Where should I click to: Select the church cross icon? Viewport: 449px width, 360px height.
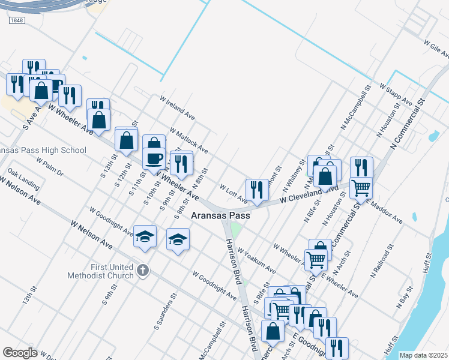click(142, 271)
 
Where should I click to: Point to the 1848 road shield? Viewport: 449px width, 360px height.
click(17, 20)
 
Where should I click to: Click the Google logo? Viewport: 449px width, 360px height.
click(20, 352)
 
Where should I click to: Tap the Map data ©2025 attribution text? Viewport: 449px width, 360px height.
click(423, 355)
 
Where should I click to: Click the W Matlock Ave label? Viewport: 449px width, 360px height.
click(188, 139)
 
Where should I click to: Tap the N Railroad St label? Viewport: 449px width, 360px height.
click(382, 262)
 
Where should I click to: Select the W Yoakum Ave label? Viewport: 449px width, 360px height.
click(256, 260)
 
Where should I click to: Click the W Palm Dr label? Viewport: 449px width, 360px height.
click(50, 168)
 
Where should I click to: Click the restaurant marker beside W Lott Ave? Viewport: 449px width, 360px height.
click(257, 190)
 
